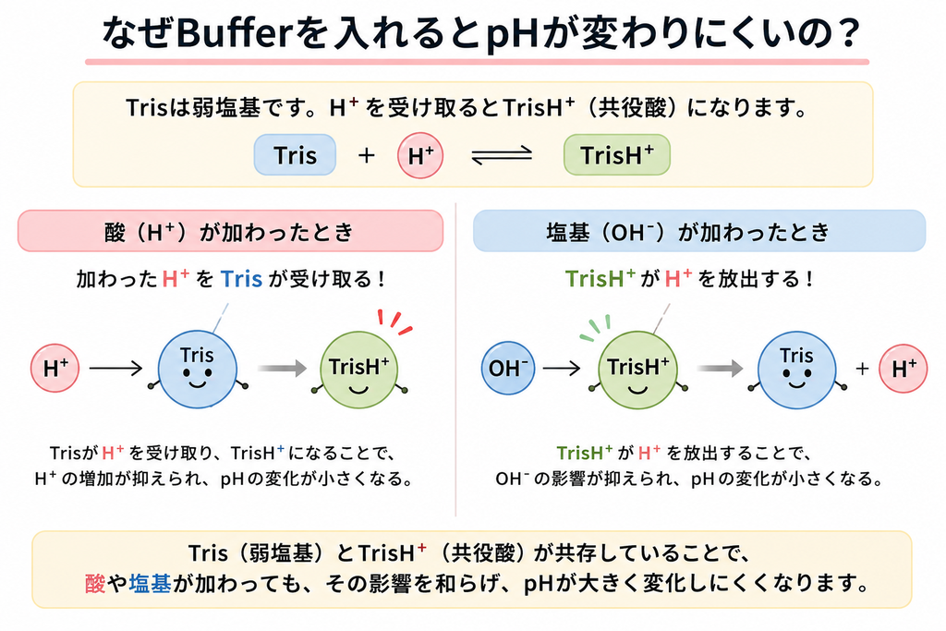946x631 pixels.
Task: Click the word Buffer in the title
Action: point(234,33)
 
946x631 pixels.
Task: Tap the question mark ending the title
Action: point(849,33)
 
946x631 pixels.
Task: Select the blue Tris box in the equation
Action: point(295,155)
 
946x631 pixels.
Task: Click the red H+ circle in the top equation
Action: point(420,155)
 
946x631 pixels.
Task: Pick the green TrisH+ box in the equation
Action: point(616,155)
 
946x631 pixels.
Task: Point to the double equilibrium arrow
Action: point(502,155)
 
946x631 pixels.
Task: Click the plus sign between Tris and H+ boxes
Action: point(366,155)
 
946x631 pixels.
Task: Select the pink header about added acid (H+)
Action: point(230,231)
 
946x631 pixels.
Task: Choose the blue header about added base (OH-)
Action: point(699,231)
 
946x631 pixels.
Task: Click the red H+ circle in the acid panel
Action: point(55,368)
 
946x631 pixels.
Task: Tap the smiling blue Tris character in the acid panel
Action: point(198,370)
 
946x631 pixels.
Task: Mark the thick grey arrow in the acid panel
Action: point(283,368)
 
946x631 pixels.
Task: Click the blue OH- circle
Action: point(508,368)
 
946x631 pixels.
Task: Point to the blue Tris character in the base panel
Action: point(797,370)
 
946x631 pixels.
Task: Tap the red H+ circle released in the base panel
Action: point(904,368)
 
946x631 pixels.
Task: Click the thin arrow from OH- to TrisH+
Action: point(562,368)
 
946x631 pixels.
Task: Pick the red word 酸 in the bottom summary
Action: point(95,583)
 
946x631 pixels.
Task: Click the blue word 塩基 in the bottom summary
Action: point(151,583)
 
